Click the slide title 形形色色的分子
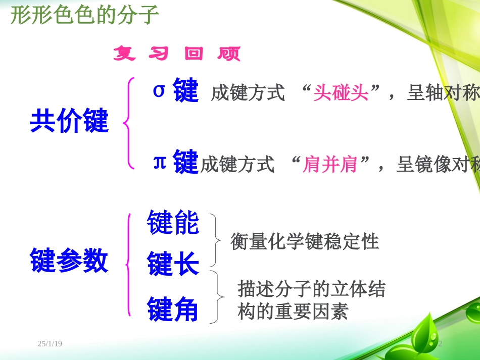pyautogui.click(x=84, y=16)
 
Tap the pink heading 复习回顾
pyautogui.click(x=177, y=54)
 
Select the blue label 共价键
pyautogui.click(x=70, y=122)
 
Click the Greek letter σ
pyautogui.click(x=159, y=90)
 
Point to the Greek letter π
pyautogui.click(x=160, y=162)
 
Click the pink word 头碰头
pyautogui.click(x=341, y=93)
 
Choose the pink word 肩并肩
pyautogui.click(x=330, y=164)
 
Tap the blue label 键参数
pyautogui.click(x=70, y=261)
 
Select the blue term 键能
pyautogui.click(x=173, y=223)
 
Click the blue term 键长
pyautogui.click(x=173, y=264)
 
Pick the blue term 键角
pyautogui.click(x=173, y=310)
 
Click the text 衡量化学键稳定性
pyautogui.click(x=305, y=241)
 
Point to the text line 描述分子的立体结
pyautogui.click(x=311, y=289)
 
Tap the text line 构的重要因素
pyautogui.click(x=293, y=312)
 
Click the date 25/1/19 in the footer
pyautogui.click(x=50, y=344)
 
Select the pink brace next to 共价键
pyautogui.click(x=129, y=123)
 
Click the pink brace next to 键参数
pyautogui.click(x=129, y=264)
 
